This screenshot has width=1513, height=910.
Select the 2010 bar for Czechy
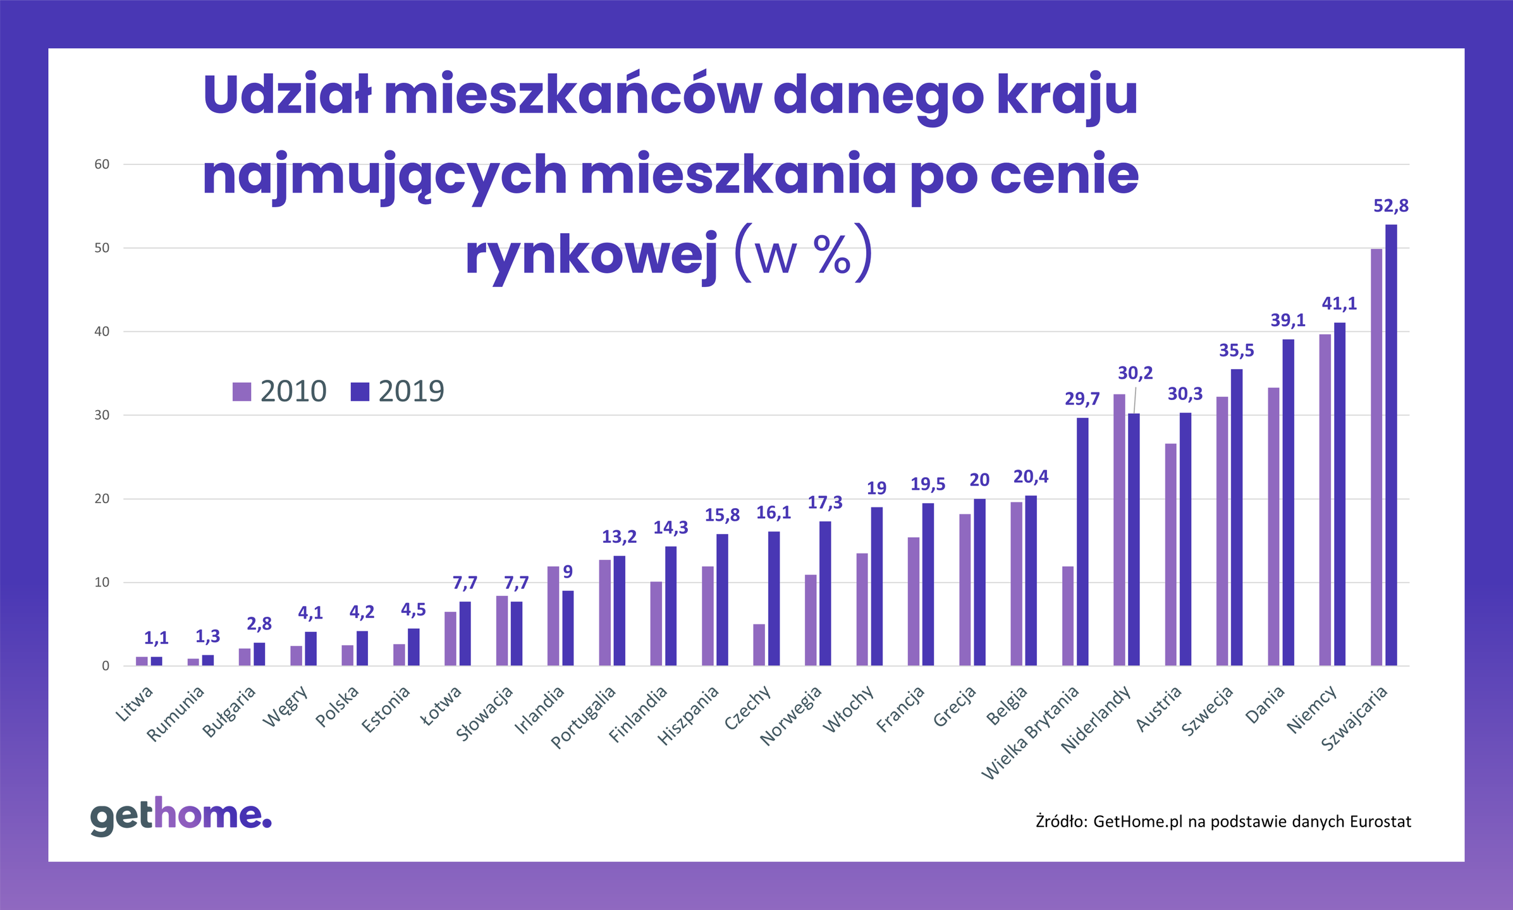[x=759, y=645]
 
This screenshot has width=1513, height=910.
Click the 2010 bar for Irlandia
[x=553, y=616]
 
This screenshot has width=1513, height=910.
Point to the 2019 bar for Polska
[x=362, y=648]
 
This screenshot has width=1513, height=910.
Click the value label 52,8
[x=1391, y=206]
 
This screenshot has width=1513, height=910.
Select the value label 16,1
[x=774, y=513]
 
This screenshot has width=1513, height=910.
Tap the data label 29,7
[x=1082, y=399]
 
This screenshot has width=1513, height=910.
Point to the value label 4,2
[x=362, y=612]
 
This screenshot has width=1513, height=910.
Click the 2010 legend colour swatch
[x=242, y=392]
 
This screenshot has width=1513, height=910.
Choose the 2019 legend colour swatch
[x=360, y=392]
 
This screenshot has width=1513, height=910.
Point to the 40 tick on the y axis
[x=102, y=332]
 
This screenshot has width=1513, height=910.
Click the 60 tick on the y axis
[x=102, y=164]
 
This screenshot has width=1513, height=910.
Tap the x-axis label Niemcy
[x=1313, y=709]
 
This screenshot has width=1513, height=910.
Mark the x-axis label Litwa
[x=135, y=704]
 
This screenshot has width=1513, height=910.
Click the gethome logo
[x=181, y=816]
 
